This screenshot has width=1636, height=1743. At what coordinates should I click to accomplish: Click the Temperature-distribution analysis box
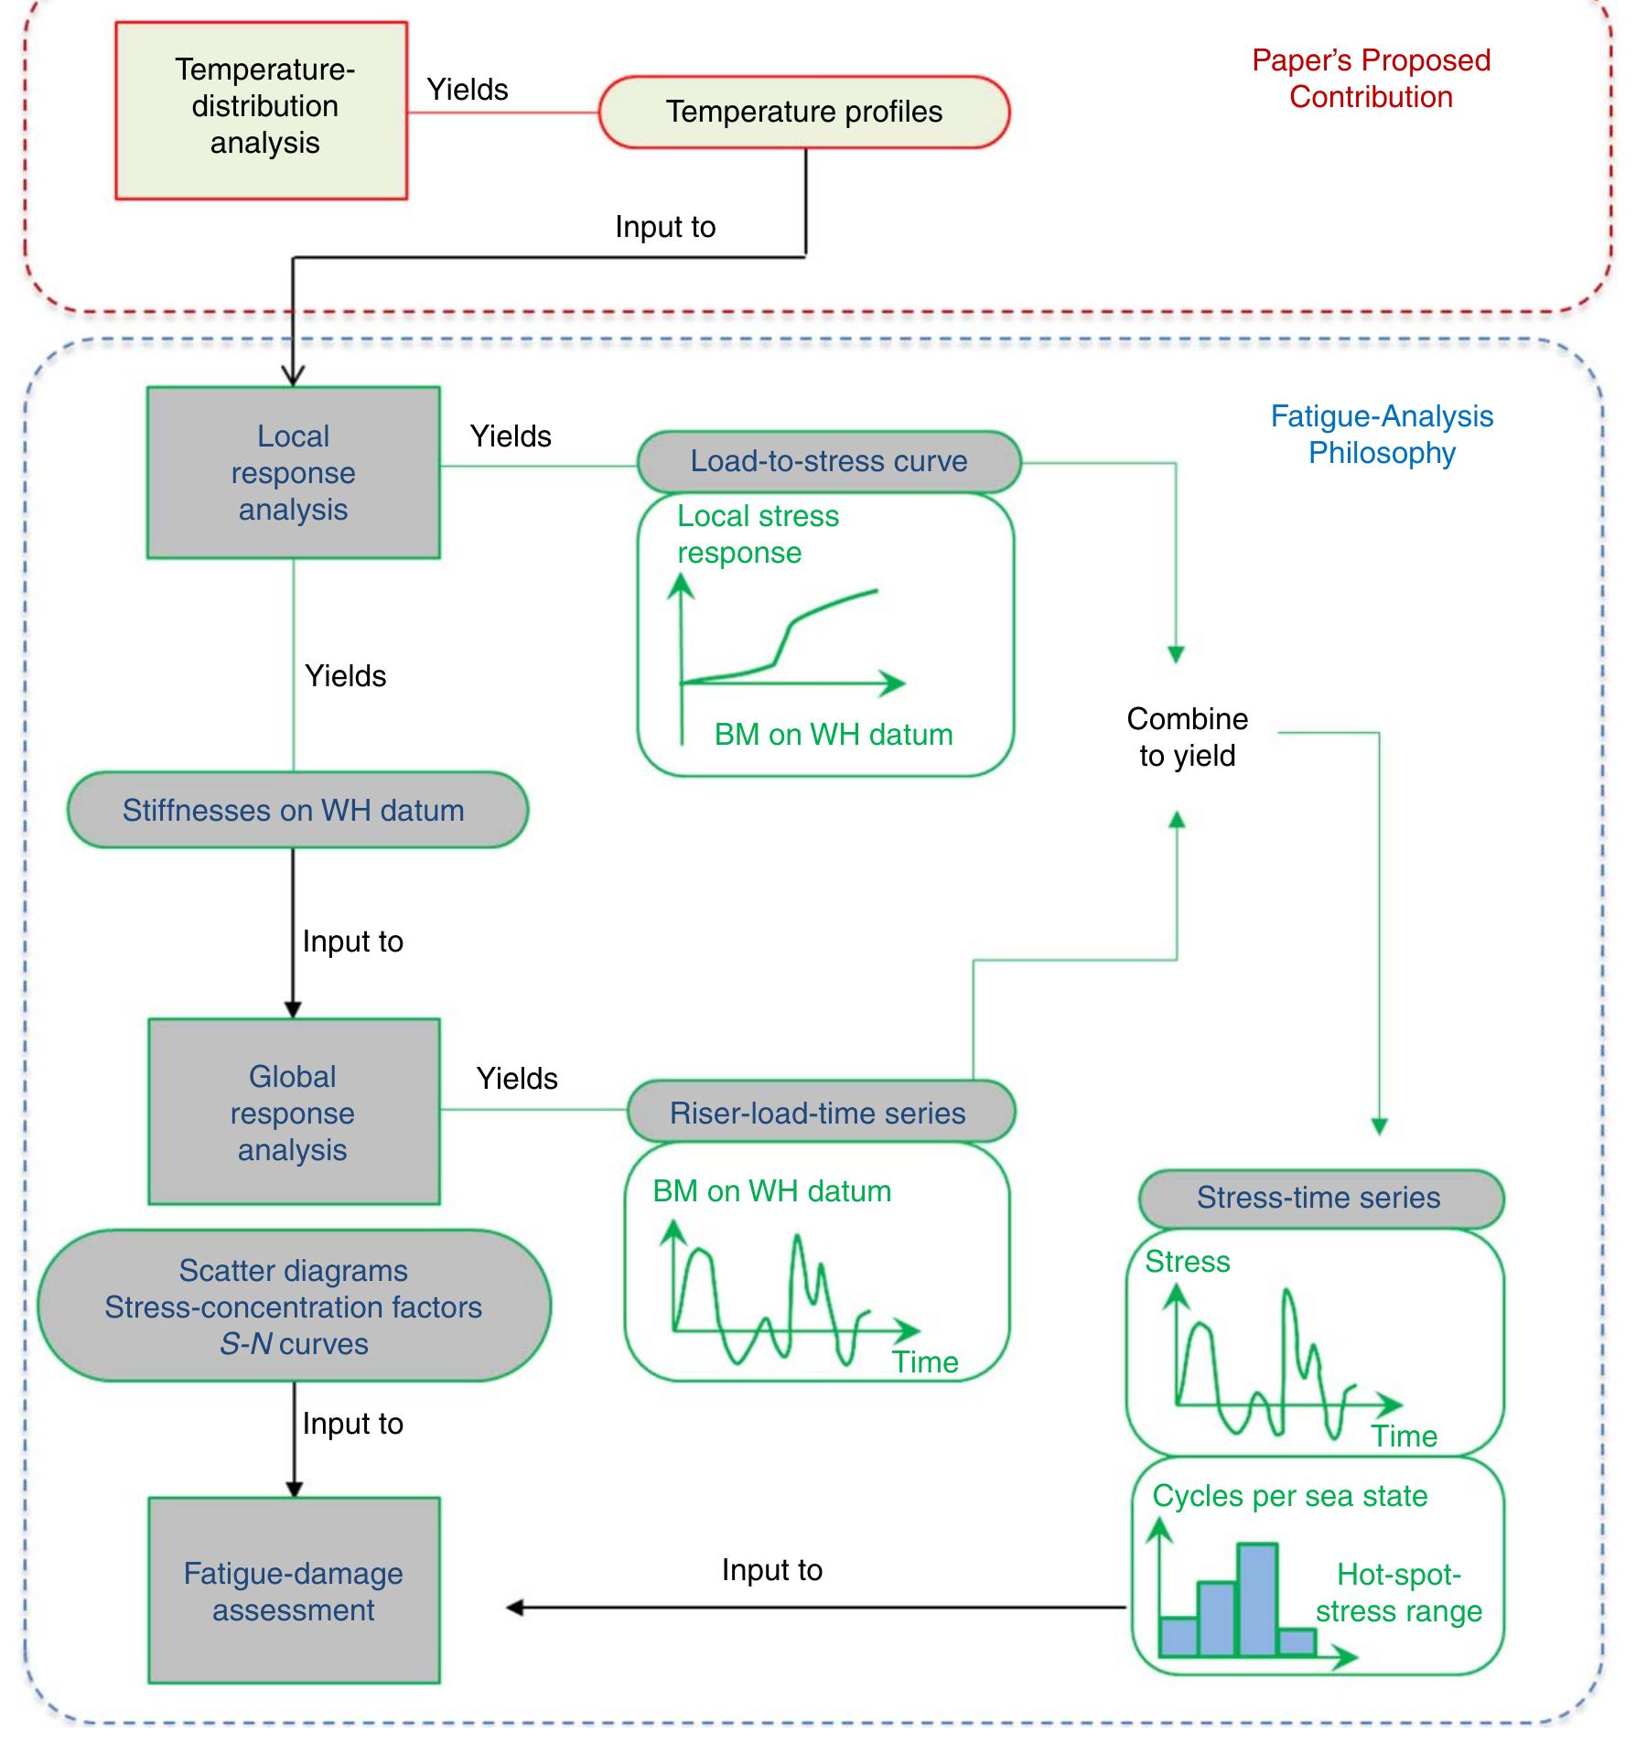(x=261, y=110)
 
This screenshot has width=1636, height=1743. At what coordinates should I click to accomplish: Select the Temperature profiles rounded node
(x=803, y=112)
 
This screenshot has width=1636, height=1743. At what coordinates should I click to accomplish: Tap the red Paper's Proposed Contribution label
(x=1371, y=79)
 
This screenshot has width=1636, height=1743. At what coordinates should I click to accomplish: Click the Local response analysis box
(x=293, y=472)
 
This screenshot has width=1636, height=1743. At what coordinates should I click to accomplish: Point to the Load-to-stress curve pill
(x=828, y=461)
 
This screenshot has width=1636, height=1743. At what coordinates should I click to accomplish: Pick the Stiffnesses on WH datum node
(x=294, y=811)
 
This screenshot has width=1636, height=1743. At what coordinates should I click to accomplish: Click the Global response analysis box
(x=293, y=1112)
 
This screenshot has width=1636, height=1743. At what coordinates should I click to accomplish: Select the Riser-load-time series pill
(x=818, y=1113)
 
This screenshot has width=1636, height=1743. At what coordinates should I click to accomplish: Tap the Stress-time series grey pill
(x=1318, y=1198)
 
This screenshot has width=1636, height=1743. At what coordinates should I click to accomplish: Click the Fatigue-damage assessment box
(x=293, y=1591)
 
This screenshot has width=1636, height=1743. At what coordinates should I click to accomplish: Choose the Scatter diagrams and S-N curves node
(x=294, y=1307)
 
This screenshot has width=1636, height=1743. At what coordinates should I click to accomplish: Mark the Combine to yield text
(x=1187, y=737)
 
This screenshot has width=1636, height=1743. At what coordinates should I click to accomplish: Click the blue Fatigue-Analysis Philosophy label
(x=1382, y=435)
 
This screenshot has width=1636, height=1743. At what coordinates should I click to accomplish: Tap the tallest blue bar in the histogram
(x=1256, y=1600)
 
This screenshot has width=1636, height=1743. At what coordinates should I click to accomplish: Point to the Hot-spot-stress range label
(x=1398, y=1593)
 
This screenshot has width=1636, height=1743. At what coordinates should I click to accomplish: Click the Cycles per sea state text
(x=1289, y=1496)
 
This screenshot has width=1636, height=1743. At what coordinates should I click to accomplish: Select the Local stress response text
(x=757, y=534)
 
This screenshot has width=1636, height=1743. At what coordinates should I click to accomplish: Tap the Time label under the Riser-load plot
(x=925, y=1362)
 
